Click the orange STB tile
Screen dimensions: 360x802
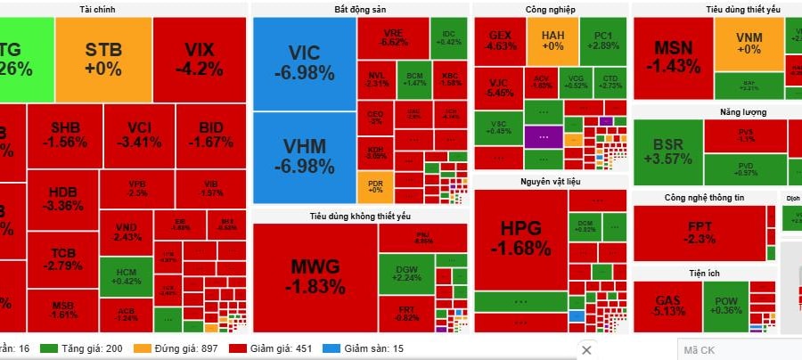coord(103,59)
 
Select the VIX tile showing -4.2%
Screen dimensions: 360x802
coord(200,59)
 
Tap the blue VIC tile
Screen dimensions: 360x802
coord(304,63)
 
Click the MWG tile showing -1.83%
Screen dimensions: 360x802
coord(315,276)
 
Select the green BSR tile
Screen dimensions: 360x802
coord(667,151)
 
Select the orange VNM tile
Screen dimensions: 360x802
coord(749,44)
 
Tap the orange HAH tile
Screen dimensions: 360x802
coord(552,40)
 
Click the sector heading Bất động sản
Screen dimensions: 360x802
coord(359,9)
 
